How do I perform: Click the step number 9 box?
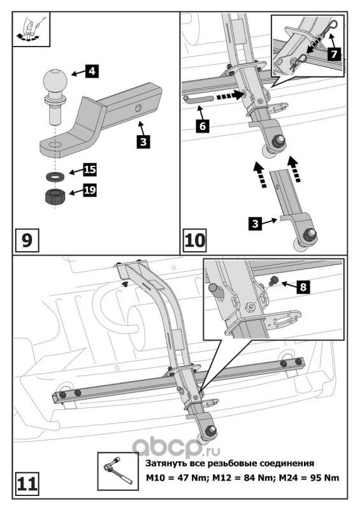click(x=27, y=240)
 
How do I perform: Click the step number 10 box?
click(x=195, y=240)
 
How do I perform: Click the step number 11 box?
click(x=27, y=484)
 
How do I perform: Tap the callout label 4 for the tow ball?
click(x=92, y=71)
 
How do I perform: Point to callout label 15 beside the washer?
click(x=89, y=169)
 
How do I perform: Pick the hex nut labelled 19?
click(x=55, y=196)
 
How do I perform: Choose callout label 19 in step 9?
click(x=89, y=190)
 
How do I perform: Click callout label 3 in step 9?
click(x=143, y=142)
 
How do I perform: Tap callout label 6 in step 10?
click(x=203, y=126)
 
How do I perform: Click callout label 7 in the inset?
click(x=334, y=54)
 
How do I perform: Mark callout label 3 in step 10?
click(x=256, y=224)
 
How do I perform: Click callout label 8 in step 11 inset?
click(x=303, y=287)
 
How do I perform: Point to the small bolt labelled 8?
click(x=274, y=280)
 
